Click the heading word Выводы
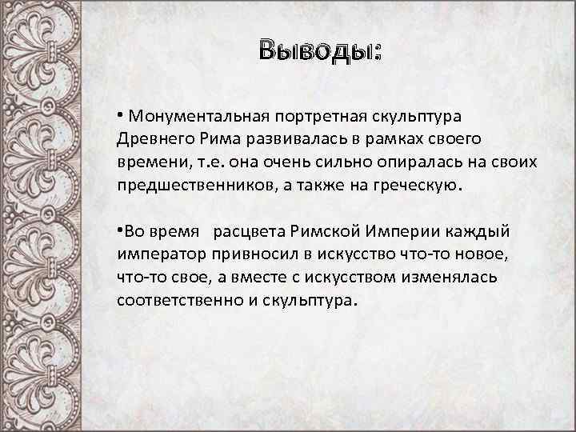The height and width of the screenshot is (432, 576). (319, 50)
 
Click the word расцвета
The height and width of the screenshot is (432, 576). (251, 231)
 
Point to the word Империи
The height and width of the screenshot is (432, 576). (403, 231)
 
